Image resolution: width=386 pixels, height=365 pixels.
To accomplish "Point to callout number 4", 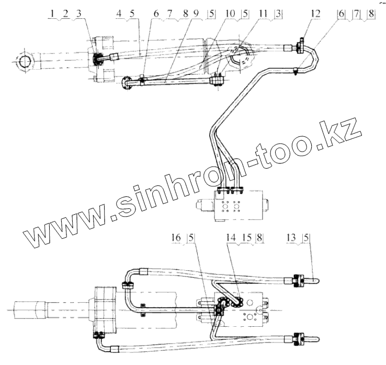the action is pyautogui.click(x=119, y=14).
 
